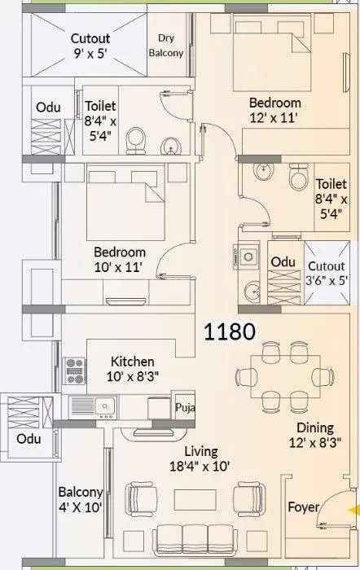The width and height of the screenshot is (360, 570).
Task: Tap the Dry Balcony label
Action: click(x=166, y=46)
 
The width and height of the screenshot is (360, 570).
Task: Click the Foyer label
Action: click(x=304, y=507)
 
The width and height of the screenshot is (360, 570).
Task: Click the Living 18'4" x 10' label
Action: click(x=200, y=458)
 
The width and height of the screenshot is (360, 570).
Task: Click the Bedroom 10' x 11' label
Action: click(x=119, y=260)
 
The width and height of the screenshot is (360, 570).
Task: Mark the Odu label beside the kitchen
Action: click(x=29, y=439)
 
